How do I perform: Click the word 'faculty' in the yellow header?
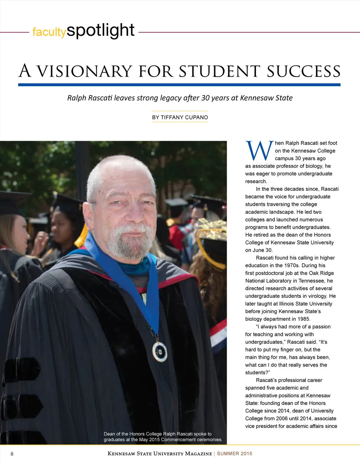tap(49, 32)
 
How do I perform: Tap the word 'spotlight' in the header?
tap(101, 31)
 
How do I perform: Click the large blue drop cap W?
tap(259, 151)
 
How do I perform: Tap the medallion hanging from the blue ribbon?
tap(160, 351)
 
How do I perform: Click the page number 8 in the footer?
tap(12, 454)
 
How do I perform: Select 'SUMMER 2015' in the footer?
tap(234, 454)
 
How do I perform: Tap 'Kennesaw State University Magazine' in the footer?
tap(160, 454)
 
